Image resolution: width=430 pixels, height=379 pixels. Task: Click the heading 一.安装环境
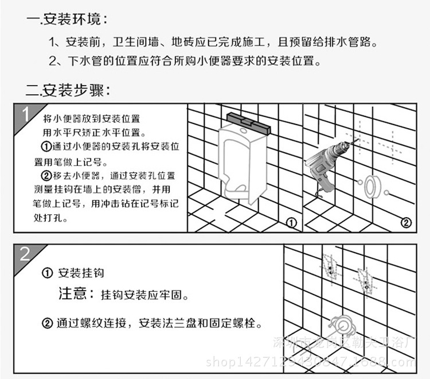coord(67,20)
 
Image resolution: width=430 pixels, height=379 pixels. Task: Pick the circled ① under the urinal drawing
coord(291,222)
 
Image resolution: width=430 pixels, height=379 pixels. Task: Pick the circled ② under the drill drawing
coord(405,222)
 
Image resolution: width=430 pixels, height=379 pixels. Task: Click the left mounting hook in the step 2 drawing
coord(330,267)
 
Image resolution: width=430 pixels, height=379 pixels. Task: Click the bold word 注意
coord(73,295)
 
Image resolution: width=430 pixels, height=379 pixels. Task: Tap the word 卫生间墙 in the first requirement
coord(133,42)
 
